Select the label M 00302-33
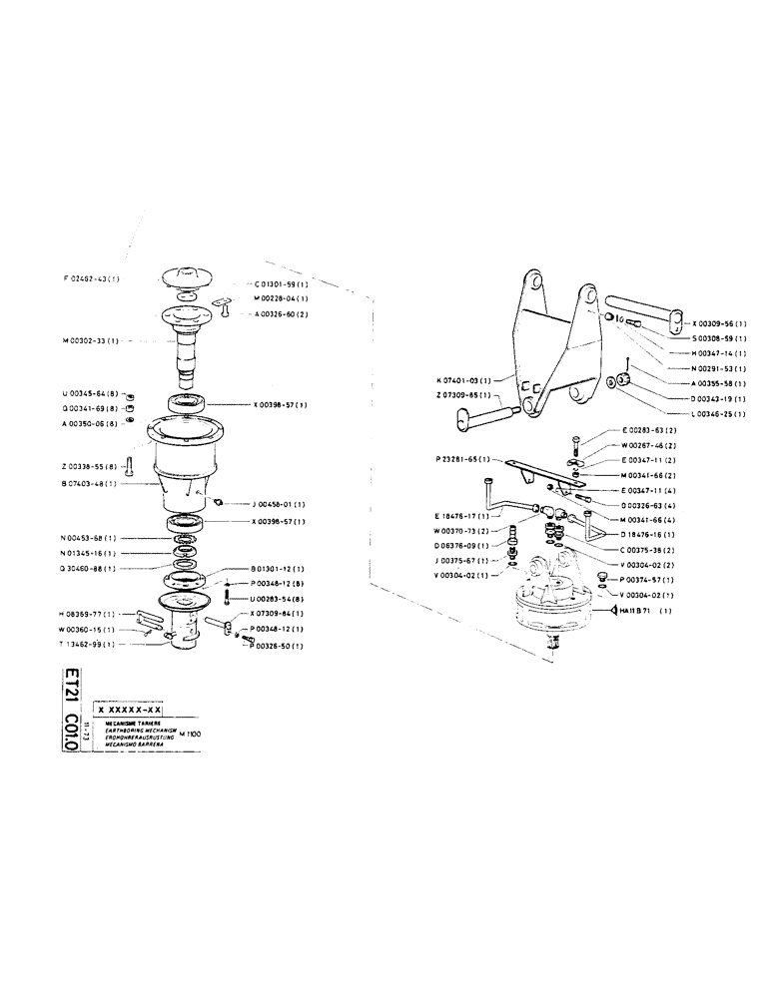click(91, 341)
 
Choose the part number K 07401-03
click(464, 381)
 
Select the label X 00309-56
click(720, 324)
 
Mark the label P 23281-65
click(462, 459)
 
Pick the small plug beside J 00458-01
click(218, 502)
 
